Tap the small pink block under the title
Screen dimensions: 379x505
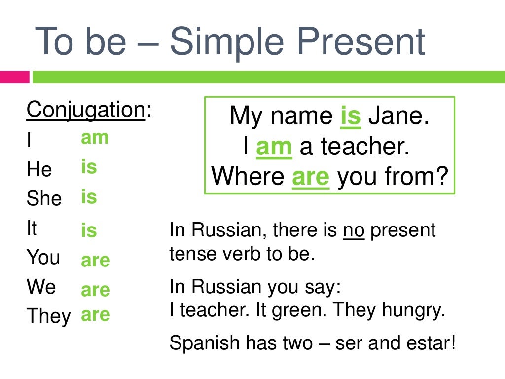click(14, 77)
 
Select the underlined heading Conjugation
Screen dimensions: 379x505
click(85, 110)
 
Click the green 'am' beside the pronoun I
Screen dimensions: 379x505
click(95, 138)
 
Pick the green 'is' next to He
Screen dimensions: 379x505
click(89, 167)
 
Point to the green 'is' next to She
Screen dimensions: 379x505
click(89, 197)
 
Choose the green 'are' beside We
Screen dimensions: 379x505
click(95, 290)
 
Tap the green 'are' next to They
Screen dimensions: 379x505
click(95, 315)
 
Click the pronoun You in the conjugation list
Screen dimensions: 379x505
click(43, 258)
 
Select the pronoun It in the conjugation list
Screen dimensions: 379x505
click(32, 228)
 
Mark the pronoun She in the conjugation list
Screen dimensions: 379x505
click(44, 199)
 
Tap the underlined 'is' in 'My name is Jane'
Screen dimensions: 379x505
click(351, 116)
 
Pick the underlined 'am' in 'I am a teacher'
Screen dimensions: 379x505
click(274, 147)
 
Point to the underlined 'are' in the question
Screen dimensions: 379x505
click(310, 176)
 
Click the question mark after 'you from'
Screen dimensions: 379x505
click(443, 176)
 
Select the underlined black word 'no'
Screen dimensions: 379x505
click(354, 230)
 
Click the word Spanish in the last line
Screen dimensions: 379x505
click(200, 343)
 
